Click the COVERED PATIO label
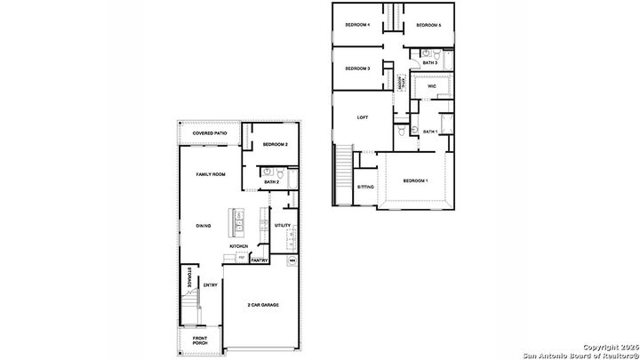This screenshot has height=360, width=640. point(210,133)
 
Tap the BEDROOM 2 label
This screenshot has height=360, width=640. point(276,143)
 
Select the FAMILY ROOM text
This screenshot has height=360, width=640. point(211,174)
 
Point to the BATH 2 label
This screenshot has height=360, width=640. point(271,182)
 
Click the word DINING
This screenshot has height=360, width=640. point(204,226)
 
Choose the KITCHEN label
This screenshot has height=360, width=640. point(238,246)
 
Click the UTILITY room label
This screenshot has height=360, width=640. point(283,225)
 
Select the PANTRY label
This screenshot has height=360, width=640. point(259,260)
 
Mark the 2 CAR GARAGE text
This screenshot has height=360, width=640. point(262,305)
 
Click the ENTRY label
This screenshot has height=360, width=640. point(210,285)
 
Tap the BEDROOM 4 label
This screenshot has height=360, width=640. point(357,25)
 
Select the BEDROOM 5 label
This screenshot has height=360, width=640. point(428,25)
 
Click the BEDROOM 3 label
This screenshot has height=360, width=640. point(357,68)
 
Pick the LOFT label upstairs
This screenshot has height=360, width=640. point(362,117)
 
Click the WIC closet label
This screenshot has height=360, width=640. point(431,87)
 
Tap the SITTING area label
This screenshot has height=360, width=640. point(365,188)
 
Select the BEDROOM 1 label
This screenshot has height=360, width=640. point(415,181)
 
